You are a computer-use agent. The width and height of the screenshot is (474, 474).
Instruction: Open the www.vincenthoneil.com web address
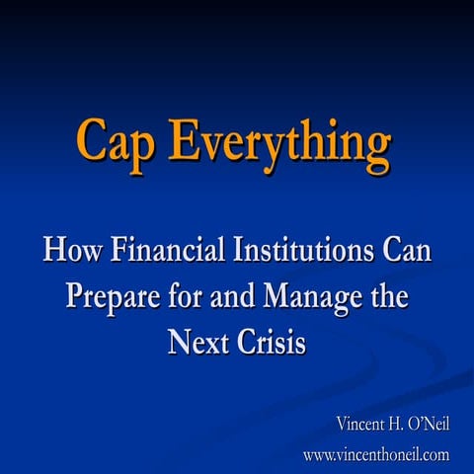click(x=375, y=455)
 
